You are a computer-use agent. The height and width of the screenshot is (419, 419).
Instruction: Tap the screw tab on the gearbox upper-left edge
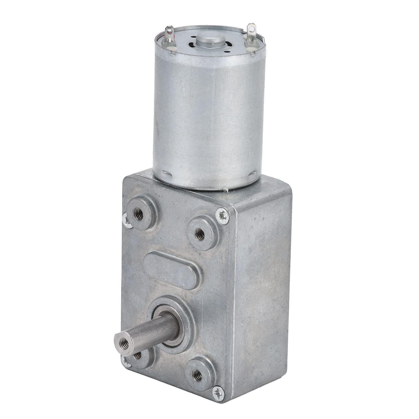[x=126, y=219]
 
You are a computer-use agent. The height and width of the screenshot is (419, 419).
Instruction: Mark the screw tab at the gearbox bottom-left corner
[x=127, y=362]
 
